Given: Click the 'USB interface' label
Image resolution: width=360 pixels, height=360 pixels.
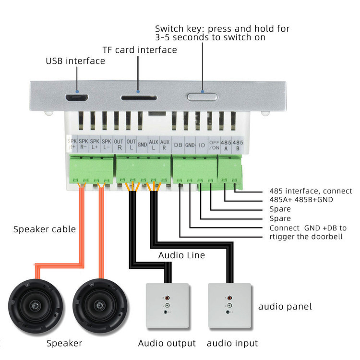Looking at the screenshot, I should (x=75, y=61).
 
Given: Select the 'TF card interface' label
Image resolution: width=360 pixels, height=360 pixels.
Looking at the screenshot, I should (x=140, y=50).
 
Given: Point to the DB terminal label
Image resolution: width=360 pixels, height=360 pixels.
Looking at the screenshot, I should (x=178, y=144).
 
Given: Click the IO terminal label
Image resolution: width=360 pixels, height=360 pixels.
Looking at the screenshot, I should (x=202, y=144).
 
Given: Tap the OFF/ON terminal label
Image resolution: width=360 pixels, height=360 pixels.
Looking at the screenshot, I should (x=214, y=144).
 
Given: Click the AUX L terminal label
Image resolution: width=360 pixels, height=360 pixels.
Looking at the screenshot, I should (x=154, y=144).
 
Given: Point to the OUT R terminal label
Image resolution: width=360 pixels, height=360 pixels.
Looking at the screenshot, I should (x=119, y=144).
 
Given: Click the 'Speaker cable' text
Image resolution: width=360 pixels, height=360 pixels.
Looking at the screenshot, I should (x=45, y=229).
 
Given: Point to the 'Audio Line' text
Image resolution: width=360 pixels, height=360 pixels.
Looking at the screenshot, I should (x=181, y=255).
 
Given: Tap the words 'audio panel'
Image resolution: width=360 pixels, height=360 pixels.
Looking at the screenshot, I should (x=285, y=306).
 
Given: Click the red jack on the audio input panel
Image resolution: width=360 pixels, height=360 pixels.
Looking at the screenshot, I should (x=229, y=298).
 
